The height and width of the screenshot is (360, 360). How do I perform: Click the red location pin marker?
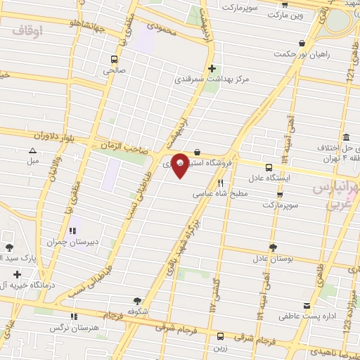[x=180, y=165]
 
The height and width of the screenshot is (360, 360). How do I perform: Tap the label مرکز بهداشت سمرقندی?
[x=212, y=80]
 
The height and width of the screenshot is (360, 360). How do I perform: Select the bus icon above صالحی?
[x=114, y=60]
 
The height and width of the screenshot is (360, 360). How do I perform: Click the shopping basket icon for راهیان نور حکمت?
[x=302, y=42]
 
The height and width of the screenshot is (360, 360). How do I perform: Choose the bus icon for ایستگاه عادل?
[x=269, y=167]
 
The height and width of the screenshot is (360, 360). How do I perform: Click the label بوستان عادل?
[x=272, y=258]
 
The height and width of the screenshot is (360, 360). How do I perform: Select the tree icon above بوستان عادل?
[x=273, y=247]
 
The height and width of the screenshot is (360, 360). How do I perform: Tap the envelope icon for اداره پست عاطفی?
[x=306, y=306]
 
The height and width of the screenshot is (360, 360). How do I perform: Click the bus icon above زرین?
[x=221, y=335]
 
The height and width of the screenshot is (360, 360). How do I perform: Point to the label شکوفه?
[x=137, y=310]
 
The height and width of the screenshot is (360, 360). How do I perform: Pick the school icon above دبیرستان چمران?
[x=72, y=231]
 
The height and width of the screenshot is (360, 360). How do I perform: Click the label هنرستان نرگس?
[x=72, y=328]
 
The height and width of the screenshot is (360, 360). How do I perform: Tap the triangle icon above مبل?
[x=32, y=150]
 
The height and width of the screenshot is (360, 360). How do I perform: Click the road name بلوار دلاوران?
[x=52, y=135]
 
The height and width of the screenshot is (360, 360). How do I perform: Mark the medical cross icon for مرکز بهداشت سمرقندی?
[x=212, y=69]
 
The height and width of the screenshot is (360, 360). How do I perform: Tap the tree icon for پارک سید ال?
[x=9, y=247]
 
